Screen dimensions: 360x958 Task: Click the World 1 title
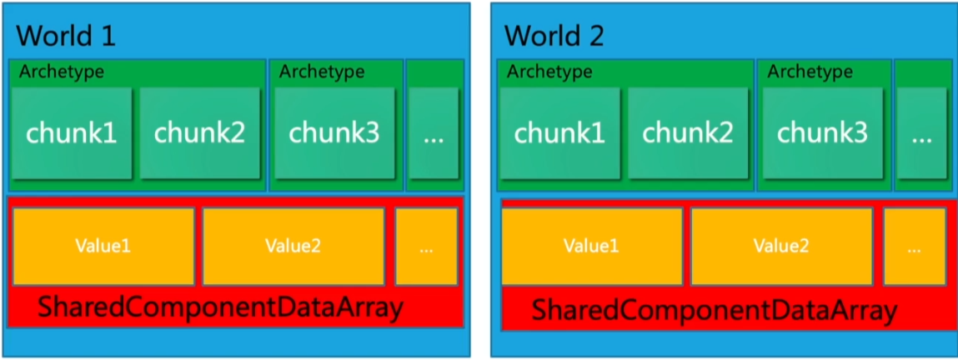point(66,36)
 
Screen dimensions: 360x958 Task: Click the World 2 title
point(554,36)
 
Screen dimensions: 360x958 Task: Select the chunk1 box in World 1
point(71,132)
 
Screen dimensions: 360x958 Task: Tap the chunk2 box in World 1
point(199,132)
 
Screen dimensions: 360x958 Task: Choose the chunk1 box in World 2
point(559,132)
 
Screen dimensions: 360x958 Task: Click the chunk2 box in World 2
point(687,132)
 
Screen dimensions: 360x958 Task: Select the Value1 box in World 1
point(103,246)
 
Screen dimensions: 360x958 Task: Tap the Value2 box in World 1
point(293,246)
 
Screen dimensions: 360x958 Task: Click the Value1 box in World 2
point(591,246)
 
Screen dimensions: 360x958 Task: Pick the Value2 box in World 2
point(781,246)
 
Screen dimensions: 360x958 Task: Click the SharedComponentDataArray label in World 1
point(221,307)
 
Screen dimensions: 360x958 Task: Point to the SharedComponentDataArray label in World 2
point(714,312)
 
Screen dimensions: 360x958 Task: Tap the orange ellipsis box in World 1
point(426,246)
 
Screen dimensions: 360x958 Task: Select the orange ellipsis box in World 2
point(915,246)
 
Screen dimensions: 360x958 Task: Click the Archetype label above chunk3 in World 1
point(322,72)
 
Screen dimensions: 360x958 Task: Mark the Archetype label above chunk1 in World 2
point(549,72)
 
